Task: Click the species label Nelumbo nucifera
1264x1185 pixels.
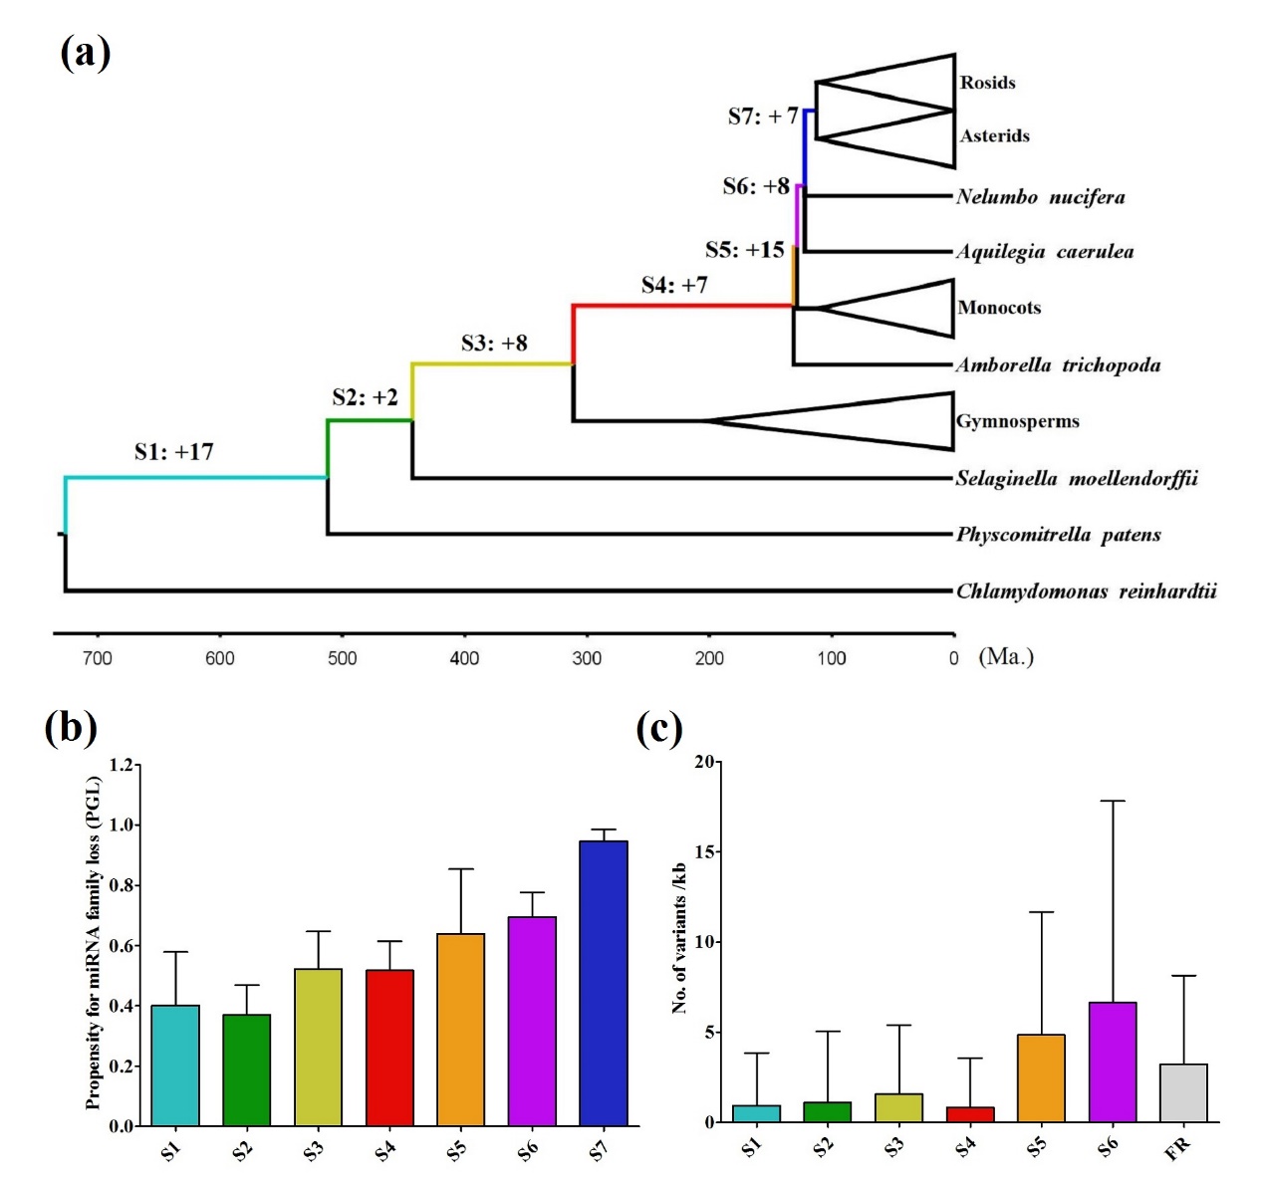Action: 1040,197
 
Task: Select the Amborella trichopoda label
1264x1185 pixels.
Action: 1058,365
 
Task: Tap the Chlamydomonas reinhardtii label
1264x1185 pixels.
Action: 1086,592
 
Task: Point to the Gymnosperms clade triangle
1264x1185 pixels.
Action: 877,421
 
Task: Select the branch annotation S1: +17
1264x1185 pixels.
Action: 173,452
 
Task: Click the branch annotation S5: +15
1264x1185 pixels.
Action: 744,250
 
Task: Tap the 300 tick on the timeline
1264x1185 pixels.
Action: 587,658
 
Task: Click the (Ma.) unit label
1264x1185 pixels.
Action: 1006,657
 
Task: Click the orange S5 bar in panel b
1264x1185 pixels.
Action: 460,1030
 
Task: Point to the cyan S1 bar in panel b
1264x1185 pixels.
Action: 175,1066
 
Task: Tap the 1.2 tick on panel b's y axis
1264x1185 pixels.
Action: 122,765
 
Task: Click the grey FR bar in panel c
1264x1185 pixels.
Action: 1183,1092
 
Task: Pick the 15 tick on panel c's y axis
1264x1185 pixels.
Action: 704,852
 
